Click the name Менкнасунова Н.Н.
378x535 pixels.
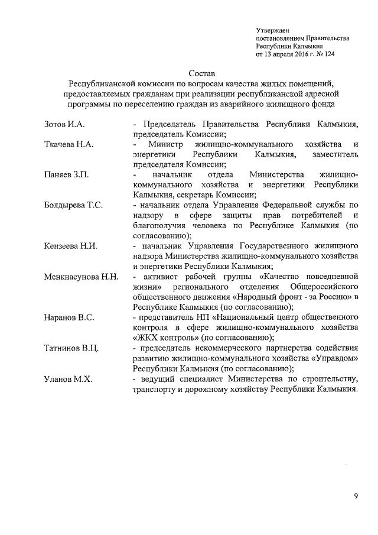tap(82, 277)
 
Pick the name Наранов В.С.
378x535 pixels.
tap(69, 317)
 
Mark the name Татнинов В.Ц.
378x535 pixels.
tap(71, 348)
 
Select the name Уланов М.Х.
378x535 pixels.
tap(67, 378)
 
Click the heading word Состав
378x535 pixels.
tap(201, 74)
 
